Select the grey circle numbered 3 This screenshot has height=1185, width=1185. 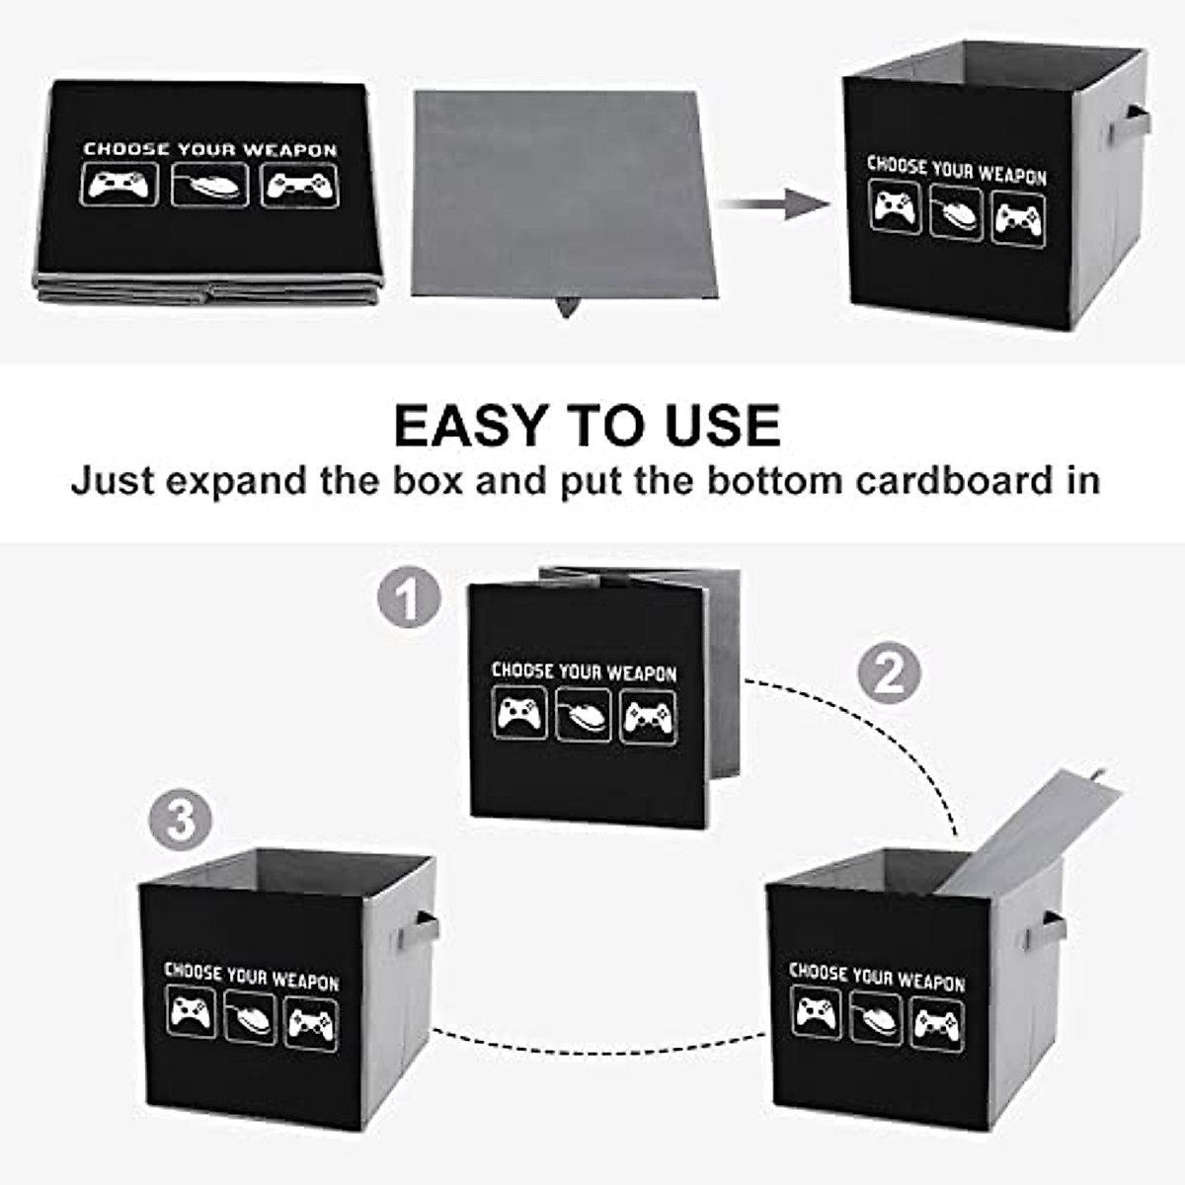coord(181,820)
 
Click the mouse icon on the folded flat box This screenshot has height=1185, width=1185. coord(209,186)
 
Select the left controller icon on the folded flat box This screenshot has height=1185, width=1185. coord(118,185)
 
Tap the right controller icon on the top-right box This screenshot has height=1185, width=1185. coord(1018,220)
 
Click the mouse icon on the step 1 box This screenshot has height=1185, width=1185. coord(584,715)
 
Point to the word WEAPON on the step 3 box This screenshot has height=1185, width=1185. coord(305,981)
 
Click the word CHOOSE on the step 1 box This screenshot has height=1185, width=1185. coord(522,671)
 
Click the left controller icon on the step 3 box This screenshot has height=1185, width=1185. coord(192,1014)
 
